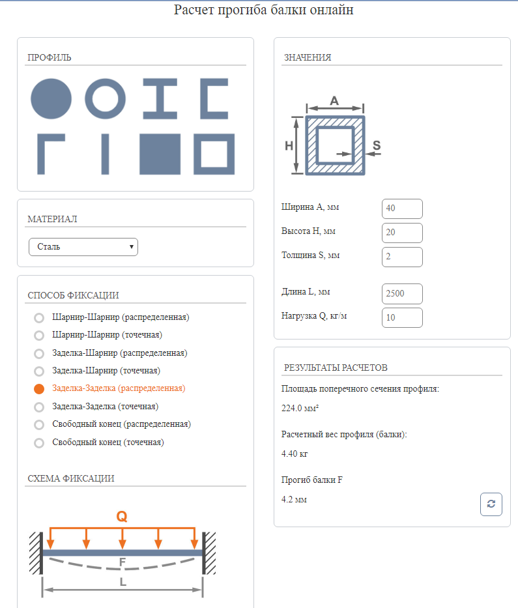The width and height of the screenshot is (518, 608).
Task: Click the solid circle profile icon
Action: point(51,98)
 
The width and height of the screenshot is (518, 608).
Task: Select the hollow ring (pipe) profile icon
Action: point(105,81)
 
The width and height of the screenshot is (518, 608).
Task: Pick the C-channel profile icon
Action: point(205,98)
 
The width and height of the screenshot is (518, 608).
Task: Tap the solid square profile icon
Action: point(160,154)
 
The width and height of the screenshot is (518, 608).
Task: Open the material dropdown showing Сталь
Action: point(83,247)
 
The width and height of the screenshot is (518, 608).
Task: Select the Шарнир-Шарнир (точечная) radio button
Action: point(39,335)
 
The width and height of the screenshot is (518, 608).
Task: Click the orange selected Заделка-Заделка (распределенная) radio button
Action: point(39,388)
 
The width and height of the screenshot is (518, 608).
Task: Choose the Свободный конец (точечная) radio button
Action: point(39,442)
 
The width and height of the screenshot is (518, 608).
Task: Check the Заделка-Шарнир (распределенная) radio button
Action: point(39,353)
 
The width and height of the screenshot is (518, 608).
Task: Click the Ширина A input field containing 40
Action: point(402,209)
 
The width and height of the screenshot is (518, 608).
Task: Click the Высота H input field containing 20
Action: point(402,233)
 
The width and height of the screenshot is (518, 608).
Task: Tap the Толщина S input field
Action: point(402,257)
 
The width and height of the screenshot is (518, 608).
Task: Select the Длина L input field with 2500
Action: point(402,293)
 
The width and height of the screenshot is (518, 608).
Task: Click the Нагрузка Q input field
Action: point(402,317)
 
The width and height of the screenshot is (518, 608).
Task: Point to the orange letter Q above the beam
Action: point(122,517)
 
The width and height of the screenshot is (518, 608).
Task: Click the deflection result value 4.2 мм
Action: point(294,499)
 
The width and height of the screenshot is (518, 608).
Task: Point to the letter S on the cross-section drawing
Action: point(377,145)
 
